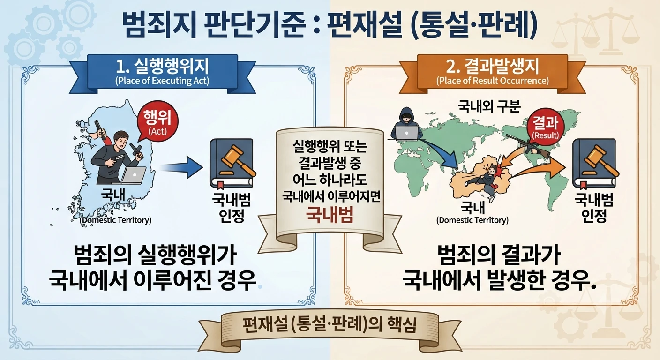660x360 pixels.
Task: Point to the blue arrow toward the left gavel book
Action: click(182, 167)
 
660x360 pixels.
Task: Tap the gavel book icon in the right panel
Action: click(594, 164)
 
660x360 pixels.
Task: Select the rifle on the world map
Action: click(527, 146)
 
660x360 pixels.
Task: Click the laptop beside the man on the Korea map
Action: click(133, 175)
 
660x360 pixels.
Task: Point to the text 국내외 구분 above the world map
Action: click(489, 106)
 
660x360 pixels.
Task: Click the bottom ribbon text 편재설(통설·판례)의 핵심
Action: click(330, 325)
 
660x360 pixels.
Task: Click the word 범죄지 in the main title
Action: click(159, 25)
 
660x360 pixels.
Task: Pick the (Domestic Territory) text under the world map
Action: click(472, 220)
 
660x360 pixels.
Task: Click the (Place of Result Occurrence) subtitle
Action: click(492, 81)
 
